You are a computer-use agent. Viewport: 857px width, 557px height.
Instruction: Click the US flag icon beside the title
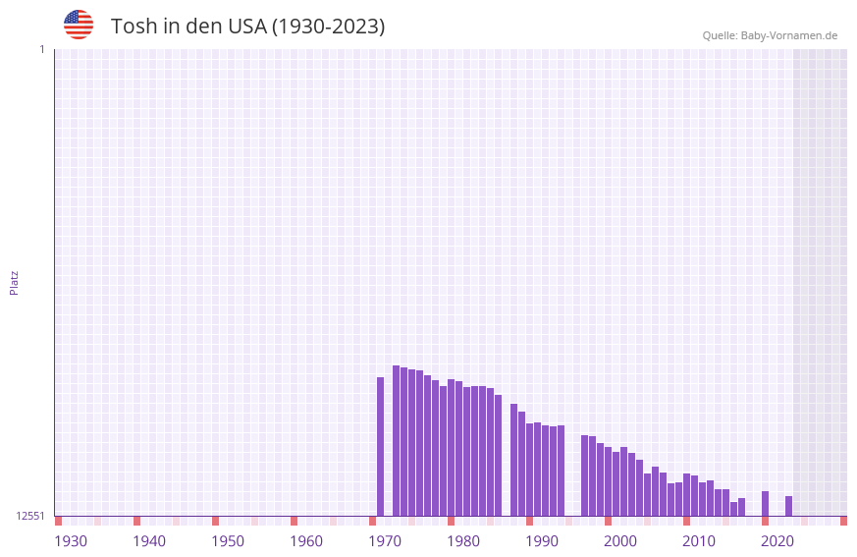pos(79,25)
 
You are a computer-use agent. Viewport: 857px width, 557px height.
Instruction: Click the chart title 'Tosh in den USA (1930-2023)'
pos(247,27)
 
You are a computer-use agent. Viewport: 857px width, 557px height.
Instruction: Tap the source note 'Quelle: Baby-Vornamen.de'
pos(770,35)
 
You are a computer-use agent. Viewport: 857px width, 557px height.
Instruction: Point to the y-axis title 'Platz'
pos(14,282)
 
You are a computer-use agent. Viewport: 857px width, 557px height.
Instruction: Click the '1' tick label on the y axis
pos(41,49)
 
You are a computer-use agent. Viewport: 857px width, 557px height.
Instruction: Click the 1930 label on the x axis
pos(71,541)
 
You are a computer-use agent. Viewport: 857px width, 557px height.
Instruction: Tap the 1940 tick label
pos(149,541)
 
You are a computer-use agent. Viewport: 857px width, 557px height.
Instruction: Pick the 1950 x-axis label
pos(228,541)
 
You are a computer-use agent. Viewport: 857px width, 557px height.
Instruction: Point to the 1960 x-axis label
pos(306,541)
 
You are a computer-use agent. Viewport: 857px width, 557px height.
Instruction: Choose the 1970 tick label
pos(385,541)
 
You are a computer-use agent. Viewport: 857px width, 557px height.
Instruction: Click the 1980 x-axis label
pos(463,541)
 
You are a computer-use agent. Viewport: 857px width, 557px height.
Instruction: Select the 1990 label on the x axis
pos(542,541)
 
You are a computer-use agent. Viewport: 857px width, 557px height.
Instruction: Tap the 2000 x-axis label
pos(620,541)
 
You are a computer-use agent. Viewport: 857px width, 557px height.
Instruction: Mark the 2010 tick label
pos(699,541)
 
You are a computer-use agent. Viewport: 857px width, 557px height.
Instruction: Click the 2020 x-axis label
pos(777,541)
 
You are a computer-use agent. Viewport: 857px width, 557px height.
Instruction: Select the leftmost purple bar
pos(381,447)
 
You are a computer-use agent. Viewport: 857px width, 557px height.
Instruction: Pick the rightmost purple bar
pos(788,506)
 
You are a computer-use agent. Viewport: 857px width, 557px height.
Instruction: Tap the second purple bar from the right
pos(765,503)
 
